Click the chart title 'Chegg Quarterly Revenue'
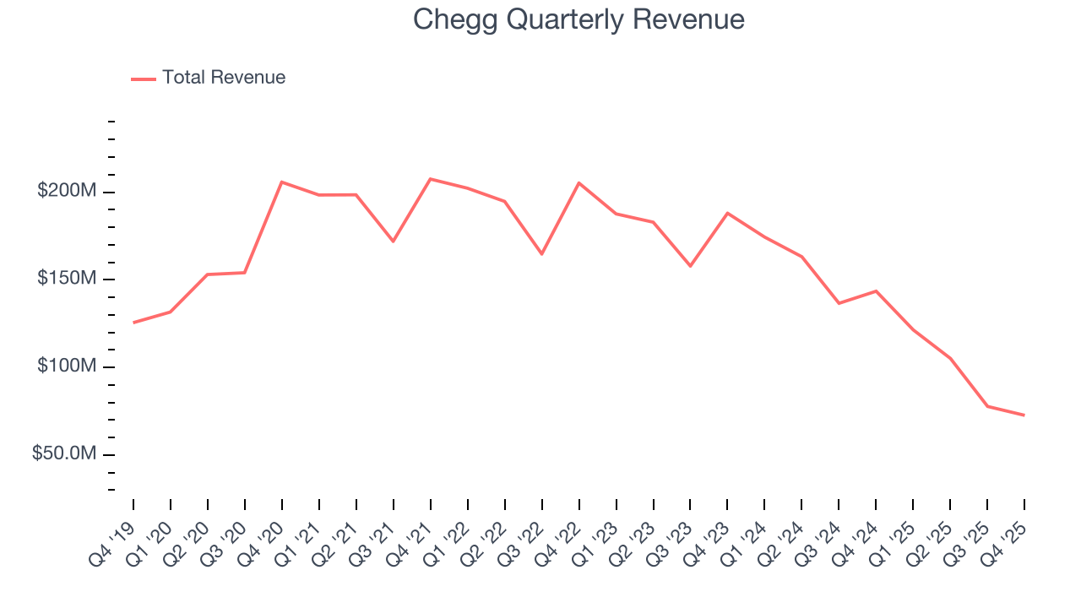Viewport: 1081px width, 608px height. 579,19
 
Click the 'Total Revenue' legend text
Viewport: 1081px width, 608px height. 224,78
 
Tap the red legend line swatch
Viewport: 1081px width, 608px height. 144,79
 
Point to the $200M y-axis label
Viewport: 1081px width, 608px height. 67,192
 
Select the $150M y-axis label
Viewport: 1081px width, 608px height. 67,280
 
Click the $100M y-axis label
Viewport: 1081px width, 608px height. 67,366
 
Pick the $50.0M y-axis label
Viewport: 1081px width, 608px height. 64,454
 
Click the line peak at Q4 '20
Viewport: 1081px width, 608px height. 281,182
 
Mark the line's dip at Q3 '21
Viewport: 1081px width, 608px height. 393,242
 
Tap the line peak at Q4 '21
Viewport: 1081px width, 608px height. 430,179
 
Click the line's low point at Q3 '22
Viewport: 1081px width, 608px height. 541,254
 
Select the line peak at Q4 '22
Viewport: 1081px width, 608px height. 579,182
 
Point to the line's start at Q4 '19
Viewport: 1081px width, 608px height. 133,323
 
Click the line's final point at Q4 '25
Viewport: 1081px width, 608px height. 1024,415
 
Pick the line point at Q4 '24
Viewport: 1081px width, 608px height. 876,291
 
